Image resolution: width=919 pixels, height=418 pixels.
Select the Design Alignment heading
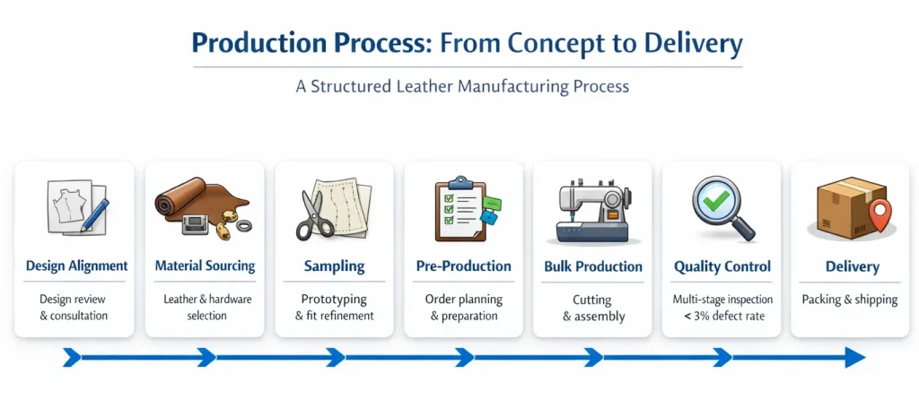coord(76,266)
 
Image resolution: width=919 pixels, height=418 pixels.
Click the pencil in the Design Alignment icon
coord(97,213)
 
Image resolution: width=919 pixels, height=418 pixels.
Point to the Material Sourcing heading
coord(205,266)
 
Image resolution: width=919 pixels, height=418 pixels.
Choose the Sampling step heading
coord(335,266)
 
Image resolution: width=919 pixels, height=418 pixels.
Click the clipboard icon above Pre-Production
coord(461,209)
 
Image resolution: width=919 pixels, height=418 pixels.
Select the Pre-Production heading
coord(464,266)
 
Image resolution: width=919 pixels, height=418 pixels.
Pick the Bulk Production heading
coord(593,266)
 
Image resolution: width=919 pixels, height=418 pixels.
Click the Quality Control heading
coord(722,266)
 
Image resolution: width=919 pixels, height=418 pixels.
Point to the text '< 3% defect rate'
coord(723,316)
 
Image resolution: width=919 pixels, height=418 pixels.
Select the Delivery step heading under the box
coord(852,266)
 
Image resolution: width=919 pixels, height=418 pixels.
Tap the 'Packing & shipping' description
coord(850,300)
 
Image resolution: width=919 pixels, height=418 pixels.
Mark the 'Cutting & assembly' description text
coord(592,308)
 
